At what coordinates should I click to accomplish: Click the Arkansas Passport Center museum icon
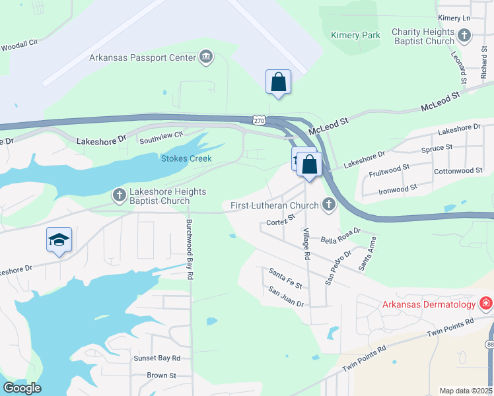click(206, 57)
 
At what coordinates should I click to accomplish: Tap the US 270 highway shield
click(259, 120)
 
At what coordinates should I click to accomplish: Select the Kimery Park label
click(355, 35)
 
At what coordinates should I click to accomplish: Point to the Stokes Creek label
click(187, 158)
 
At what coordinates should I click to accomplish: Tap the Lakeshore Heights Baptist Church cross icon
click(120, 195)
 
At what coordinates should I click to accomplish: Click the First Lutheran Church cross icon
click(328, 206)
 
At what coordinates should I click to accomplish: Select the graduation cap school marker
click(59, 240)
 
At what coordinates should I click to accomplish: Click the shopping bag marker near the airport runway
click(279, 82)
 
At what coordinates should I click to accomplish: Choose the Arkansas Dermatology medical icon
click(486, 304)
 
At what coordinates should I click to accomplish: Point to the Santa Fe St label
click(285, 278)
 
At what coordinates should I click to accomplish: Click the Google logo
click(22, 388)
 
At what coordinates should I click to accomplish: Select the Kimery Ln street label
click(453, 18)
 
